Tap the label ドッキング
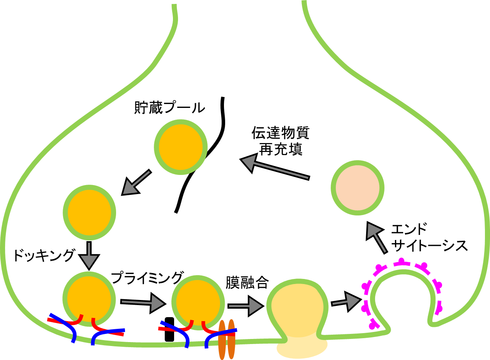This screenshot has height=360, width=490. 43,256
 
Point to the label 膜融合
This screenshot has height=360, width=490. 247,282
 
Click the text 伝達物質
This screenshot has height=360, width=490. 280,133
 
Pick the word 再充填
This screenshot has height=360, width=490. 280,149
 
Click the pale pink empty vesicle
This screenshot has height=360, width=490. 358,187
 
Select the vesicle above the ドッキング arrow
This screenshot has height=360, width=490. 90,212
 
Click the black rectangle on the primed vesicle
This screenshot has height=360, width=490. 169,330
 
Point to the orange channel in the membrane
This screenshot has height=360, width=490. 226,339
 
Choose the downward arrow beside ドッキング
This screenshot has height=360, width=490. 89,256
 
